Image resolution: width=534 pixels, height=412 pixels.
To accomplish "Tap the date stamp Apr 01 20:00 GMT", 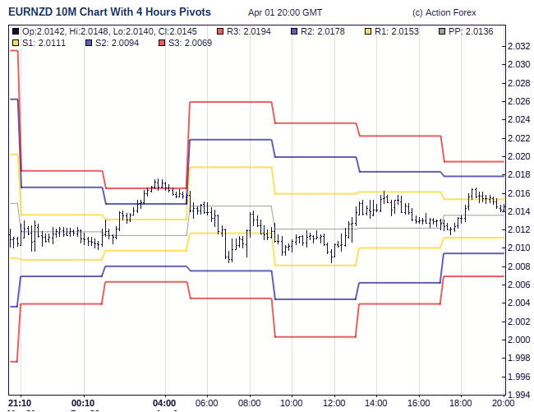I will point(285,13).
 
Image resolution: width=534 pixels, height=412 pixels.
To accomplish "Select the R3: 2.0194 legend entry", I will point(250,30).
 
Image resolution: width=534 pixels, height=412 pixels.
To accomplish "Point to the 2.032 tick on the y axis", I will point(519,47).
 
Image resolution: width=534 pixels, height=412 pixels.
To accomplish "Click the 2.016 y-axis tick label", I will point(519,193).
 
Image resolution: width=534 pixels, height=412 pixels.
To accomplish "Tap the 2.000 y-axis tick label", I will point(519,340).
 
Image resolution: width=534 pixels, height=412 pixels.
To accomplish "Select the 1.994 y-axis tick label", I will point(519,395).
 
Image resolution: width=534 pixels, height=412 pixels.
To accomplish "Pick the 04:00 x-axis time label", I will point(166,403).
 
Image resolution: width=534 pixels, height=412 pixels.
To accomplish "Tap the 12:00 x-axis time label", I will point(334,403).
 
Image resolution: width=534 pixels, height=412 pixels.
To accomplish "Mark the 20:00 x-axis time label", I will point(503,403).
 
